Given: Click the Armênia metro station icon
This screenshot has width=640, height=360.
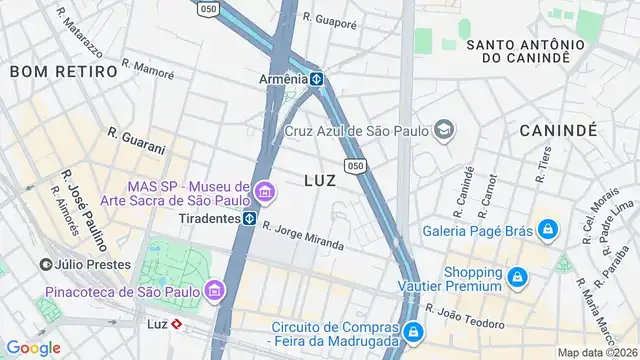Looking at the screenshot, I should [315, 79].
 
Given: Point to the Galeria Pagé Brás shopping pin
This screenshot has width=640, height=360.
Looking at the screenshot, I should [546, 231].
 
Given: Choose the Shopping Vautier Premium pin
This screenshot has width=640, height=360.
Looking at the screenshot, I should [517, 278].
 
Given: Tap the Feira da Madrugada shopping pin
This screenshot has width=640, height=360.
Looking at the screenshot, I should [411, 331].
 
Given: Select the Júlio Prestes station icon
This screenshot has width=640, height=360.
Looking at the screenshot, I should [46, 265].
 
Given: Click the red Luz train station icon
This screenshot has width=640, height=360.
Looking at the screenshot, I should [175, 324].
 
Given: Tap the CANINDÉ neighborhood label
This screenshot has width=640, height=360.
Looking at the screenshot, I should [558, 130].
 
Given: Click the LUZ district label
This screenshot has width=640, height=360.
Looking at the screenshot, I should [320, 181].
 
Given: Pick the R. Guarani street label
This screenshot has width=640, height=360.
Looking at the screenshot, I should [136, 140].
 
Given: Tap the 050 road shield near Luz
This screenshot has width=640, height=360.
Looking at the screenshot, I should [354, 165].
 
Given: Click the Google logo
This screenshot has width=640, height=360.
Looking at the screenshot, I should [33, 347].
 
